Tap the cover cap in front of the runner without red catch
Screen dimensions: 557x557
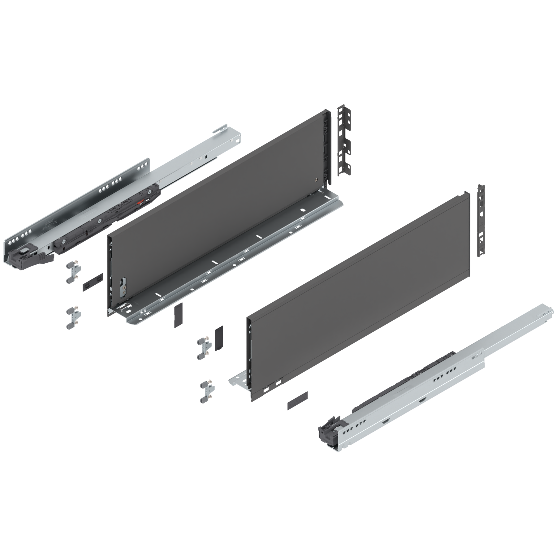pos(297,399)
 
